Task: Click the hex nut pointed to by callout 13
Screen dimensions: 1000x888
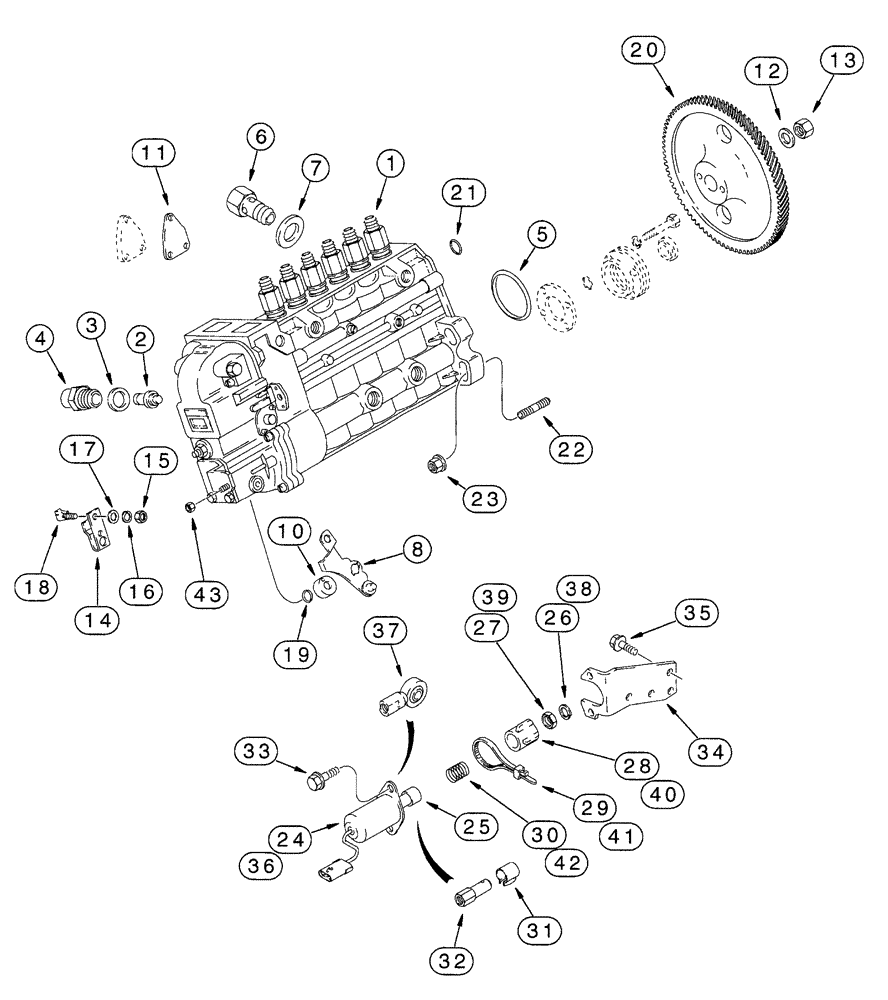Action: [802, 128]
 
